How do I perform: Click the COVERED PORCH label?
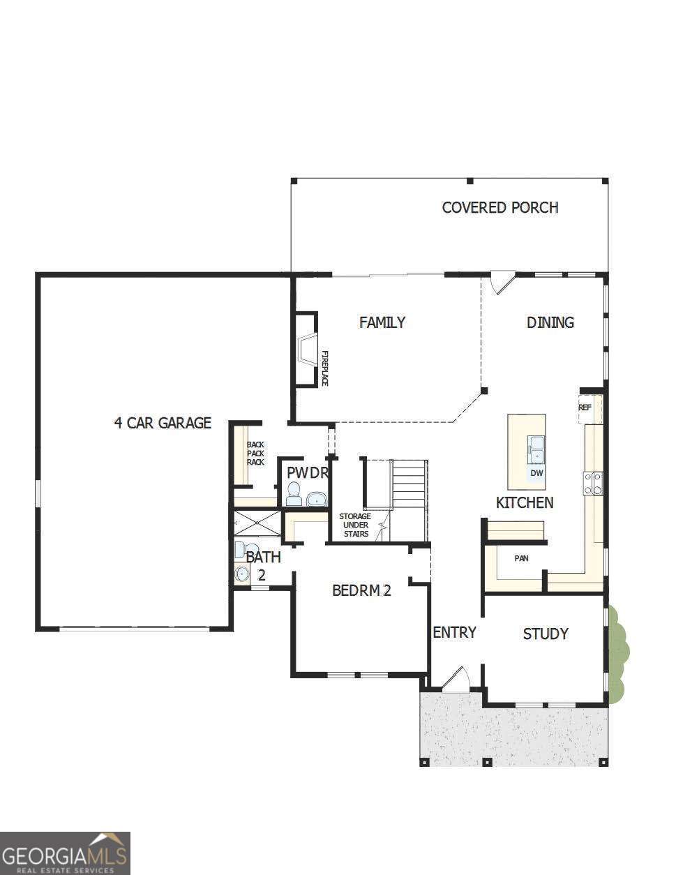coord(500,207)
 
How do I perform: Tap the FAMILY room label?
coord(382,322)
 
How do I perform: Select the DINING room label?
coord(550,322)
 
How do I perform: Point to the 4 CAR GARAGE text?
coord(163,423)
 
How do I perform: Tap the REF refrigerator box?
coord(586,408)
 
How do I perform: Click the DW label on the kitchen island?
coord(536,473)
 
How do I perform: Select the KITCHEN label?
coord(525,502)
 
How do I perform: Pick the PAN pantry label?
coord(521,558)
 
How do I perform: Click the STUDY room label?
coord(546,634)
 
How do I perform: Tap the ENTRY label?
coord(454,632)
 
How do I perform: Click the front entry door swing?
coord(456,680)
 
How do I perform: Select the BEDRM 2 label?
coord(361,591)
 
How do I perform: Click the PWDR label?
coord(307,472)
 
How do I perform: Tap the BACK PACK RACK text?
coord(255,454)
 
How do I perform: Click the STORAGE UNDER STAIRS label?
coord(355,525)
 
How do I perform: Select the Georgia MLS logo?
coord(65,853)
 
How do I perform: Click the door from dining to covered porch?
coord(501,283)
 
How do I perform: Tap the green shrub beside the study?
coord(617,652)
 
